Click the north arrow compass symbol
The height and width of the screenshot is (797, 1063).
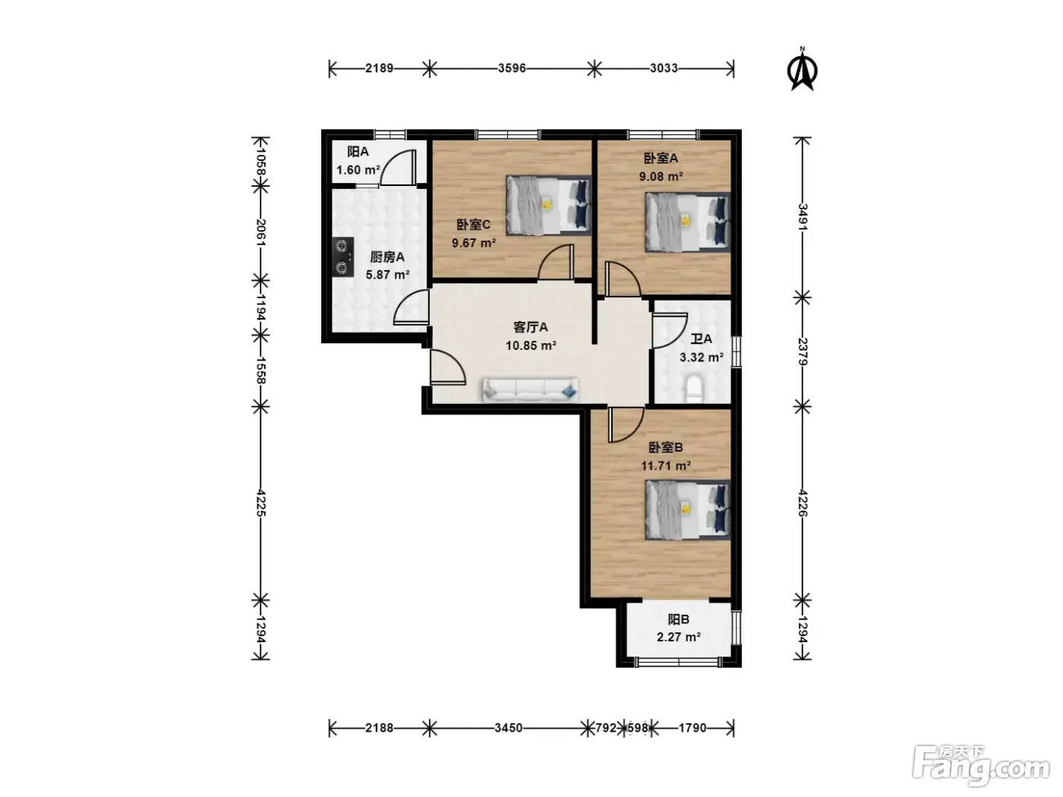coord(802,69)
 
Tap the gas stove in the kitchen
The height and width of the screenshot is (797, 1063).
coord(342,257)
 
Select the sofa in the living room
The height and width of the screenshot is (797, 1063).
coord(530,390)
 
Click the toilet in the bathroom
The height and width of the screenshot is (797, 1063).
coord(693,389)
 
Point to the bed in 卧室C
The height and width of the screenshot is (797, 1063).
coord(548,206)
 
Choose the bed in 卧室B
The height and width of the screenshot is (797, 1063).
coord(687,509)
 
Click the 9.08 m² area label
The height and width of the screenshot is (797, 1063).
coord(661,176)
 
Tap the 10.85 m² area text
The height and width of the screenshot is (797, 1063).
coord(531,345)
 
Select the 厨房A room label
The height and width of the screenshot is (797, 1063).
coord(387,257)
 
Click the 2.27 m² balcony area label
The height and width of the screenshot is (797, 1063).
coord(679,637)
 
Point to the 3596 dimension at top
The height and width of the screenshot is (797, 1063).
coord(512,68)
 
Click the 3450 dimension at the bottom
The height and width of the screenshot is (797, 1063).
coord(509,728)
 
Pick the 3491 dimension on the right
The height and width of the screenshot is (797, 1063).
coord(803,217)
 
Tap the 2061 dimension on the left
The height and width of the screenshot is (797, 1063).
coord(260,232)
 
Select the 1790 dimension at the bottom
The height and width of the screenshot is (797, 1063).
coord(692,728)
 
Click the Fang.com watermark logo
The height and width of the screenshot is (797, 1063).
coord(981,766)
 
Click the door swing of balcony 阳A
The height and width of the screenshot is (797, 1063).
coord(398,168)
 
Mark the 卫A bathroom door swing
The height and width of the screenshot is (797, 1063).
coord(670,330)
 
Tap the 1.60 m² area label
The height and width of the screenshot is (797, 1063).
coord(358,170)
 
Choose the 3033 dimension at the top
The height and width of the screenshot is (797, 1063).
coord(664,68)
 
